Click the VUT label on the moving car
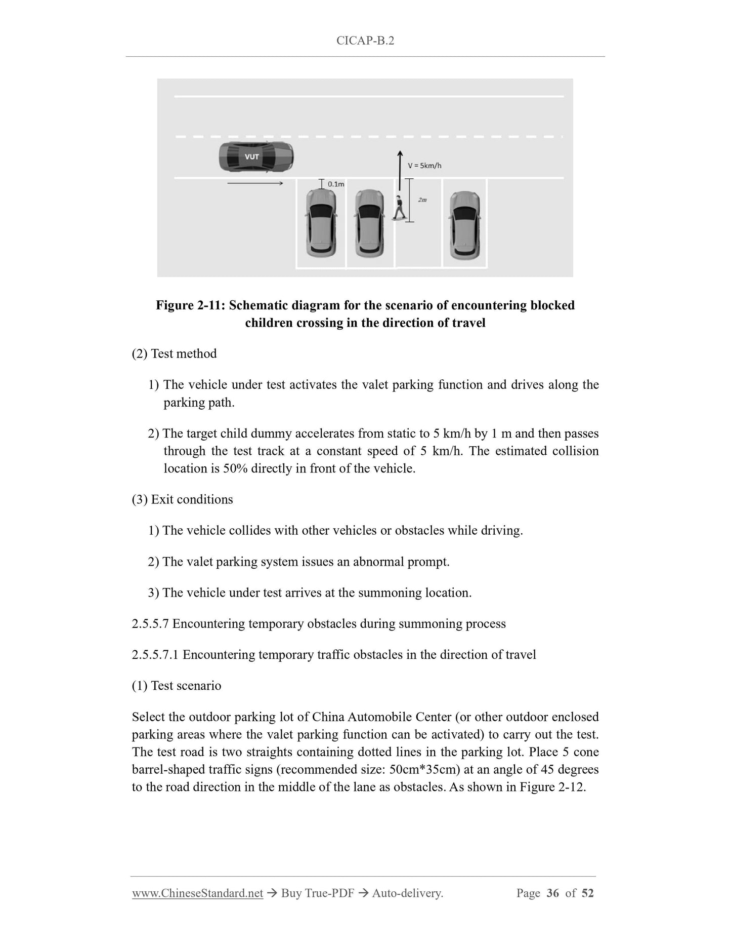click(251, 156)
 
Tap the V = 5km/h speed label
click(424, 166)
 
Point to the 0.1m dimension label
click(336, 184)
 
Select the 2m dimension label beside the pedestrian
click(422, 200)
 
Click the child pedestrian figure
click(399, 208)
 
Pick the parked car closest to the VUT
click(321, 222)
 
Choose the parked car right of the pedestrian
click(464, 222)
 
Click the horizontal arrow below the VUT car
click(255, 183)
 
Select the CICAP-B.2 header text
click(365, 41)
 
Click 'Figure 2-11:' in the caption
click(190, 305)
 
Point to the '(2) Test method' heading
click(174, 353)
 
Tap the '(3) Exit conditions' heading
click(182, 499)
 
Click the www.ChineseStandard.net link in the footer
click(197, 893)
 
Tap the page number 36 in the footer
click(553, 893)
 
